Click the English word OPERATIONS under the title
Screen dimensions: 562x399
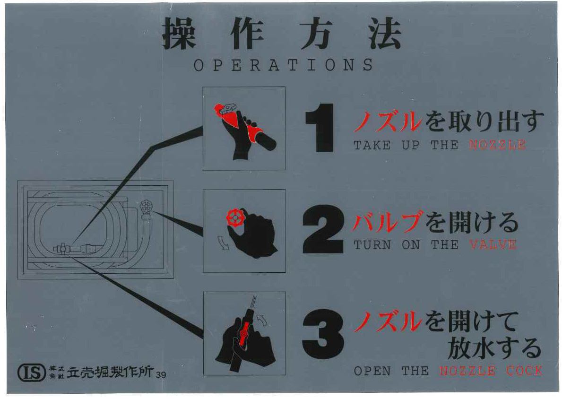[x=283, y=65]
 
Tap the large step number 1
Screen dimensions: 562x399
[x=320, y=128]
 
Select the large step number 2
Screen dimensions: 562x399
[x=323, y=230]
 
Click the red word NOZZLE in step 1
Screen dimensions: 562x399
[x=497, y=145]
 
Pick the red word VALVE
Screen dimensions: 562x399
[x=493, y=244]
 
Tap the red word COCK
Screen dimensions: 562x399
[x=524, y=371]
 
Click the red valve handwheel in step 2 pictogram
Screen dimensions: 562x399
[x=235, y=217]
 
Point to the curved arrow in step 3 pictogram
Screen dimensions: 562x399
[x=263, y=320]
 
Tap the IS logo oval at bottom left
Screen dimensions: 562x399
[x=32, y=373]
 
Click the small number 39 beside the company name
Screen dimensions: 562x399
[x=161, y=374]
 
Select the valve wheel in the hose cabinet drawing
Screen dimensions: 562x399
[x=146, y=207]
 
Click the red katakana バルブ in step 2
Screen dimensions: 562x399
[x=388, y=222]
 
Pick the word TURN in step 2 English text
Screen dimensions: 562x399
[x=372, y=244]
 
